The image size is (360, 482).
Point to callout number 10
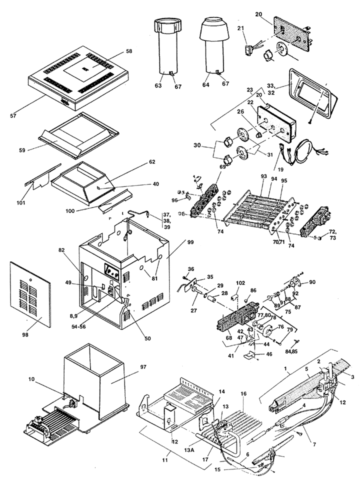coord(32,379)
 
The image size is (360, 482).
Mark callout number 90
coord(312,282)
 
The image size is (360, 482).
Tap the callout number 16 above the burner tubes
coord(243,394)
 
